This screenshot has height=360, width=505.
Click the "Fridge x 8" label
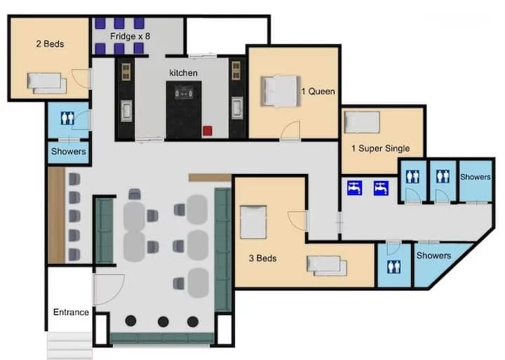130,36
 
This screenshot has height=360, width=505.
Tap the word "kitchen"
183,73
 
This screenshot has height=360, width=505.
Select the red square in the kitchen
208,131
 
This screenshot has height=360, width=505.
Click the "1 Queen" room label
318,91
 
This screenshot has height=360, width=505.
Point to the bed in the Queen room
280,91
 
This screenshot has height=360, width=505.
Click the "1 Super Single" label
380,148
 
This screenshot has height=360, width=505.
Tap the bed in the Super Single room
362,122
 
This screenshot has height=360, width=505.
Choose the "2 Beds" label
50,44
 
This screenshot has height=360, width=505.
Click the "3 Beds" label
262,258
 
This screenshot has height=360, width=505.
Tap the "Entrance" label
71,312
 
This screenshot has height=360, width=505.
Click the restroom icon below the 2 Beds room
67,118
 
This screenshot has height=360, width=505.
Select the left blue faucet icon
355,188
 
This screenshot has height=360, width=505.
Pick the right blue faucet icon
381,188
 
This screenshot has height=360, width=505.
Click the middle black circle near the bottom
163,321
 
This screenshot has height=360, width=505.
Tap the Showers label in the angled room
433,255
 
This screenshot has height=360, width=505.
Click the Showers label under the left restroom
68,151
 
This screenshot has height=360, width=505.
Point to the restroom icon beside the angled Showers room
394,267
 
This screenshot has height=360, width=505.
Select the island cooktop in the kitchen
184,93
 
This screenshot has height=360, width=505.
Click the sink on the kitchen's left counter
126,111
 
